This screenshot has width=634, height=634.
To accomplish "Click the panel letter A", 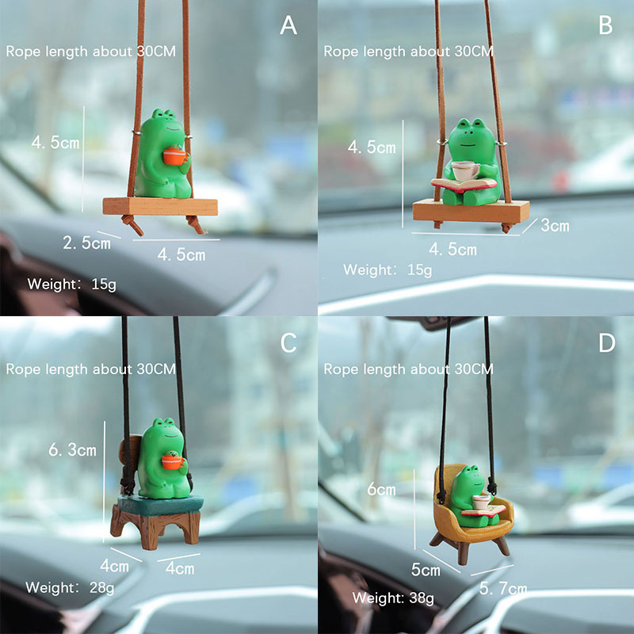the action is tap(288, 25).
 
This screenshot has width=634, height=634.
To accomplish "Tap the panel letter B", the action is tap(605, 25).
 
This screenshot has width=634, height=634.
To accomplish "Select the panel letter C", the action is tap(288, 343).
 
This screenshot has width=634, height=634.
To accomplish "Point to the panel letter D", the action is tap(606, 343).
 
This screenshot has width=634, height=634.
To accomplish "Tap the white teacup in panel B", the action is tap(465, 170).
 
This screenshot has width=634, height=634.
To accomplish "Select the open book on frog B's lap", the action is tap(464, 185).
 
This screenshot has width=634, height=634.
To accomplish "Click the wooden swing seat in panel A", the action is tap(160, 206).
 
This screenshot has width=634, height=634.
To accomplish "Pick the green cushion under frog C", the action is tap(161, 505).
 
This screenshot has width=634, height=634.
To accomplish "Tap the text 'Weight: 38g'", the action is tap(393, 598).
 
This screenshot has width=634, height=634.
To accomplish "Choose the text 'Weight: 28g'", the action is tap(70, 587).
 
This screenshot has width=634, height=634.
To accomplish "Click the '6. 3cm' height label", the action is tap(72, 449).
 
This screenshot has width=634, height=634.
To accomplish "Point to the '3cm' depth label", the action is tap(555, 226).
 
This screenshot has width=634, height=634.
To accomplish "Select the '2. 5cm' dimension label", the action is tap(86, 243).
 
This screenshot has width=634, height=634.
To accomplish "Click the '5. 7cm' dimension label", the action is tap(503, 588).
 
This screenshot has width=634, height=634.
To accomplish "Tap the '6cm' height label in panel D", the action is tap(381, 489).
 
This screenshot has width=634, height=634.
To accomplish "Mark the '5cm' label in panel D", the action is tap(426, 570).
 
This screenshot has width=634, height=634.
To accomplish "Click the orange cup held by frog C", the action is tap(173, 461).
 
